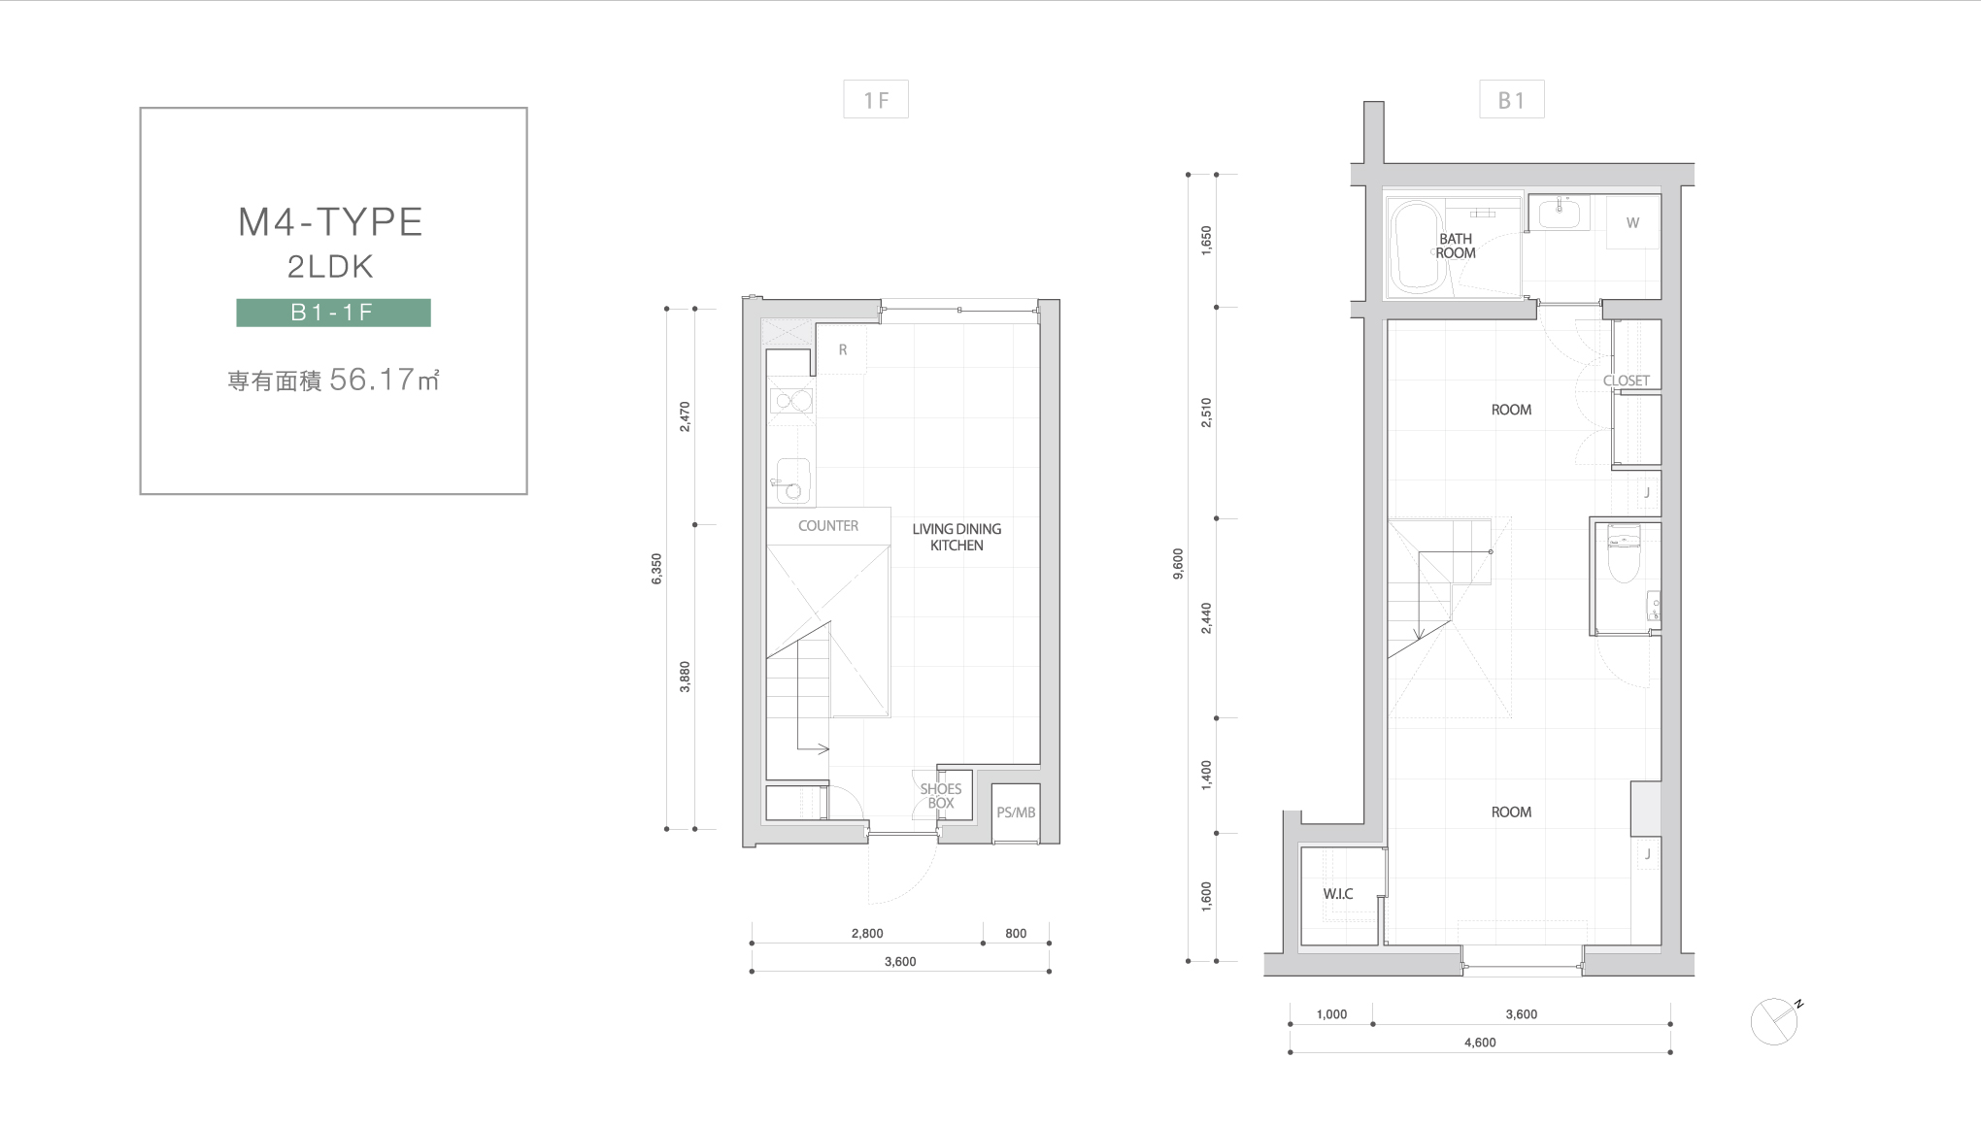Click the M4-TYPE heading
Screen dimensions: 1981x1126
point(330,222)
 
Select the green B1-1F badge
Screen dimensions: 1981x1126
point(333,313)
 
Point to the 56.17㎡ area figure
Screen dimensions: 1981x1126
point(385,380)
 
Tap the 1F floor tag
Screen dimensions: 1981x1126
point(876,100)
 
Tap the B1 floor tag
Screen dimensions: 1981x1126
point(1512,100)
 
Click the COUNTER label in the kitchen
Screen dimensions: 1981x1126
point(828,526)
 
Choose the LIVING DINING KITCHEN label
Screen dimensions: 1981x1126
point(957,537)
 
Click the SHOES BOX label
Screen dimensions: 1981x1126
point(941,796)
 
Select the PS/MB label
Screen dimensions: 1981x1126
point(1016,812)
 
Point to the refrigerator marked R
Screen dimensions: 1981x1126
point(841,349)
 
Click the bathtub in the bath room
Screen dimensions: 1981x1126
point(1417,247)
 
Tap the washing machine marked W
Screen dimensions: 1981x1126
point(1632,222)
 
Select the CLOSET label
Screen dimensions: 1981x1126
point(1627,381)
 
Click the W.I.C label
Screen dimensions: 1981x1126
point(1338,894)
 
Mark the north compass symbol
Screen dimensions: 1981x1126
point(1775,1021)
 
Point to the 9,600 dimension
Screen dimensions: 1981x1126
point(1179,564)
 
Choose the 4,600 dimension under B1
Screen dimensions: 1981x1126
point(1480,1043)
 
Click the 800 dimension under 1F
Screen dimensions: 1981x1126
point(1016,934)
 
